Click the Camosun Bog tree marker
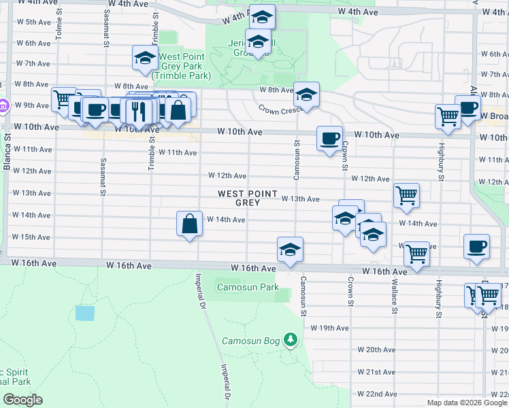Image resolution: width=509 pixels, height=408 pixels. click(x=291, y=339)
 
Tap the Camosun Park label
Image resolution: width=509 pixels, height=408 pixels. click(x=248, y=288)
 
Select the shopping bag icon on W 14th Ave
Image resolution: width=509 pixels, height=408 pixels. click(x=189, y=224)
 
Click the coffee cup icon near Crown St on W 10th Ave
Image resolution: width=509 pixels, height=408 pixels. click(x=329, y=139)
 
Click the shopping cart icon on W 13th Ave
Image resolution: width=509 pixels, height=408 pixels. click(x=406, y=196)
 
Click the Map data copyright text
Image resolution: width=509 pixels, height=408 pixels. click(x=467, y=403)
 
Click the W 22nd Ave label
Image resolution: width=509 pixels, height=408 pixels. click(x=381, y=394)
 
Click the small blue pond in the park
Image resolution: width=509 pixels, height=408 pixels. click(x=85, y=313)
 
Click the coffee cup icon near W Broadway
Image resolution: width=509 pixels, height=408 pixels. click(x=468, y=107)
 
